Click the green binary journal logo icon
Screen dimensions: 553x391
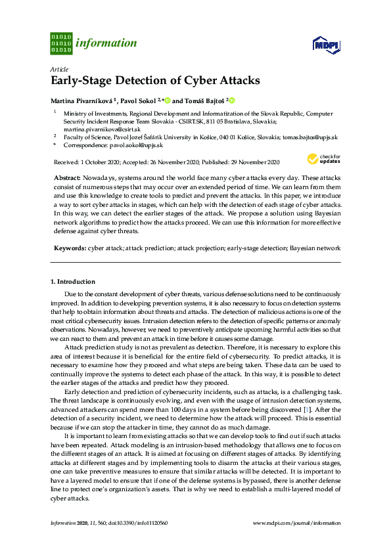61,43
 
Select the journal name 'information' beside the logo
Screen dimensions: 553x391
106,43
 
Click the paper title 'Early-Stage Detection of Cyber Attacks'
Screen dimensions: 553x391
155,81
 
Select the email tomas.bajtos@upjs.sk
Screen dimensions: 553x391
310,137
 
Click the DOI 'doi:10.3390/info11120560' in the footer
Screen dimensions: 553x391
135,523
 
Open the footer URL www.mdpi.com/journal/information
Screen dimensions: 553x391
296,523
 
